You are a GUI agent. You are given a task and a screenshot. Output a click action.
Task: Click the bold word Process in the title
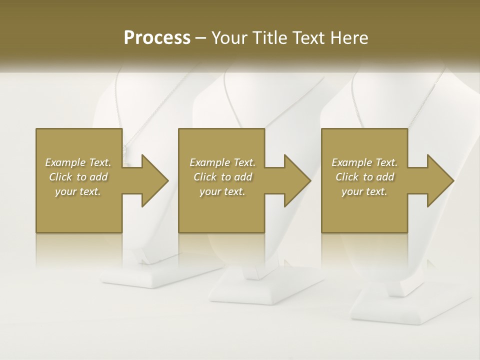coord(157,38)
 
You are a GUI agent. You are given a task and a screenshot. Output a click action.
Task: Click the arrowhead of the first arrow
coord(155,180)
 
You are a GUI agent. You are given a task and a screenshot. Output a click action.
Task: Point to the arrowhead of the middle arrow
coord(297,180)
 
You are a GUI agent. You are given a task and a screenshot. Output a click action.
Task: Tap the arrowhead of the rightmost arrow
coord(440,180)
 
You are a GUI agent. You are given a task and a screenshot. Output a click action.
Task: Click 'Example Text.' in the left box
coord(78,162)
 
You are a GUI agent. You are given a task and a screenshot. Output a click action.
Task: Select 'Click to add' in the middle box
coord(222,177)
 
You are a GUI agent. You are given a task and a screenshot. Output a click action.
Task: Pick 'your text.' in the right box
coord(364,191)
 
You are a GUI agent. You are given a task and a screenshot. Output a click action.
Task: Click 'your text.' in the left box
coord(78,191)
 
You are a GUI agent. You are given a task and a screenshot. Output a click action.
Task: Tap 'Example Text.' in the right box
coord(364,162)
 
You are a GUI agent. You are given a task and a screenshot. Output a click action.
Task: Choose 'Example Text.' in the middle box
coord(222,162)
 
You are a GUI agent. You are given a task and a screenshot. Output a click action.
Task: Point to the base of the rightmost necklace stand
coord(400,305)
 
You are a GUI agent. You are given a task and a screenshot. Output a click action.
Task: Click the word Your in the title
coord(228,38)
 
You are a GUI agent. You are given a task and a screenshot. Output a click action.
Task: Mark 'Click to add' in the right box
coord(364,177)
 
